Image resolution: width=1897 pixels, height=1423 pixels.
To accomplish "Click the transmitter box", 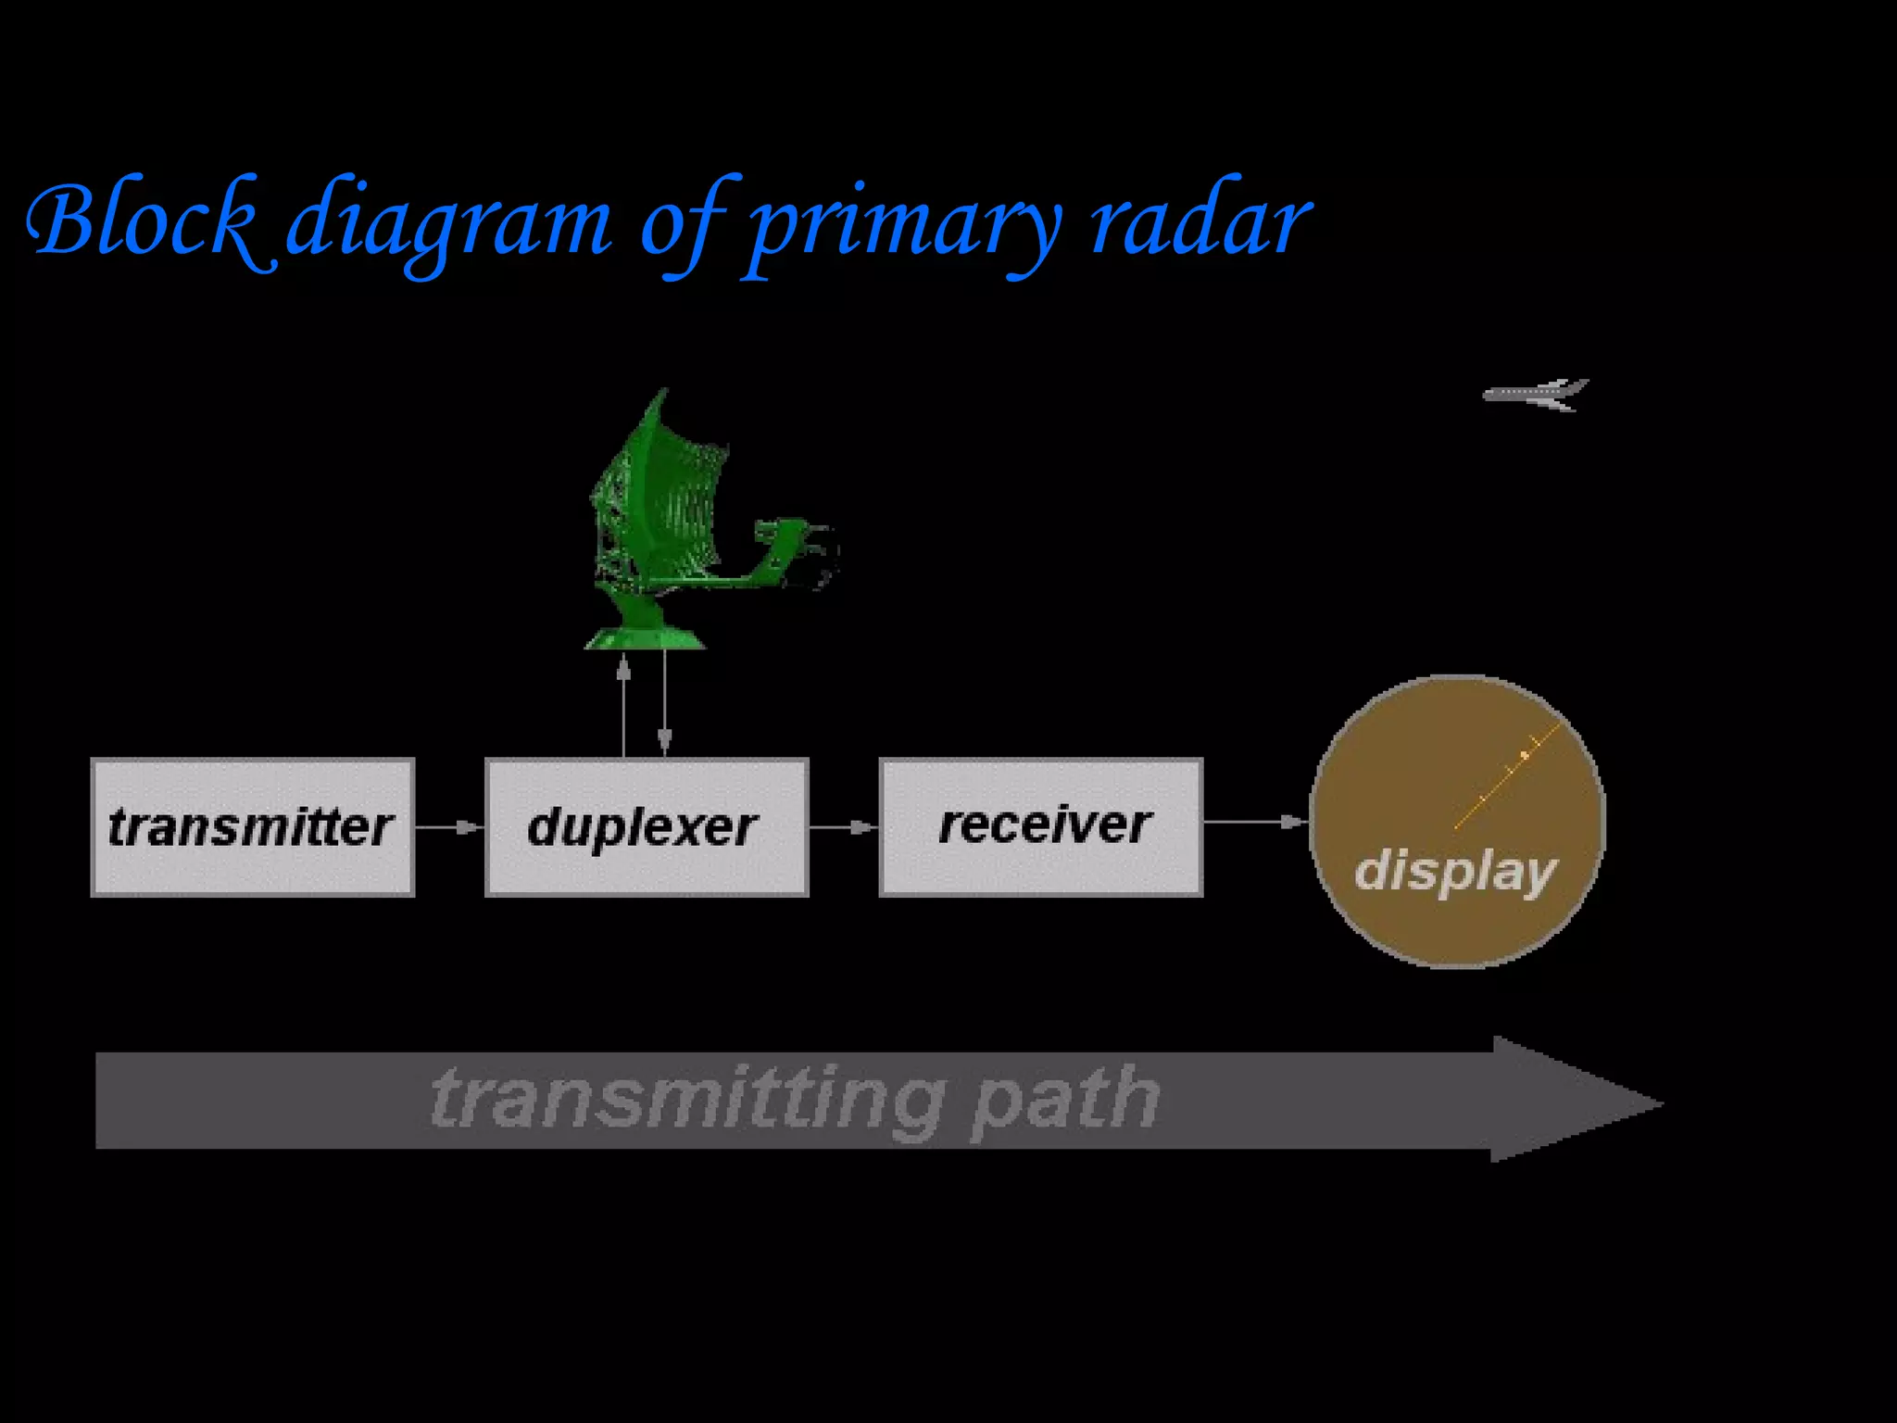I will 252,827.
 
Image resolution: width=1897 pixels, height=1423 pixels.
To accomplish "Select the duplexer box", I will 647,827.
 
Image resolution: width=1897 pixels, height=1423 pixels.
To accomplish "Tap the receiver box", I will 1041,827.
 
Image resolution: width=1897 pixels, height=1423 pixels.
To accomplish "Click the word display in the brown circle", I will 1456,872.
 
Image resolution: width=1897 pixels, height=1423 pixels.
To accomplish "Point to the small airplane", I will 1537,394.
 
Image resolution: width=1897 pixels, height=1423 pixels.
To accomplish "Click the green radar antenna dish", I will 660,500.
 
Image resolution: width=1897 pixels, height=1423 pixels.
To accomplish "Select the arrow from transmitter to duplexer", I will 449,827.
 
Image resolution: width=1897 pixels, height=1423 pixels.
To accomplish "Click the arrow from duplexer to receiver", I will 844,827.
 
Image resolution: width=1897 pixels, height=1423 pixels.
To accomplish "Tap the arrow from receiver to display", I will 1255,822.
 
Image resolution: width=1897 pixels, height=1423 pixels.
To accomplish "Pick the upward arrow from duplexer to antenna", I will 623,704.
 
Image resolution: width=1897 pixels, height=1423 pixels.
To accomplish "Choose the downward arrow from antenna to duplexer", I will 664,704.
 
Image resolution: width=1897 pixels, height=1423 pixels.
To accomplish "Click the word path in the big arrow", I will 1065,1100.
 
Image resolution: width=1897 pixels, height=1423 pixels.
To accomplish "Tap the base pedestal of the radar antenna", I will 645,637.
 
